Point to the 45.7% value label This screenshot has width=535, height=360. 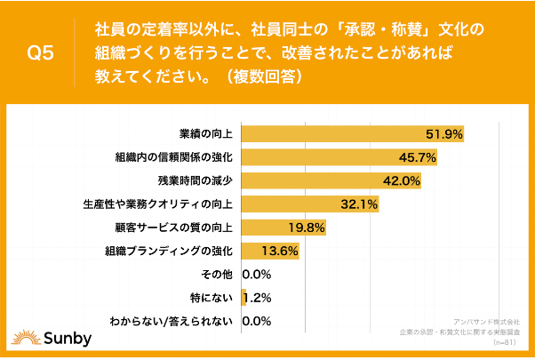point(417,157)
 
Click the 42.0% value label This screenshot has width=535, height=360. point(401,180)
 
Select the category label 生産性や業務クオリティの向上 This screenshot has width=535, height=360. point(156,204)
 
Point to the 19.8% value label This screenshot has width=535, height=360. point(307,228)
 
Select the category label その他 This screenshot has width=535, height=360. point(218,274)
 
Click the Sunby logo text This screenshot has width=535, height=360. point(59,339)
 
